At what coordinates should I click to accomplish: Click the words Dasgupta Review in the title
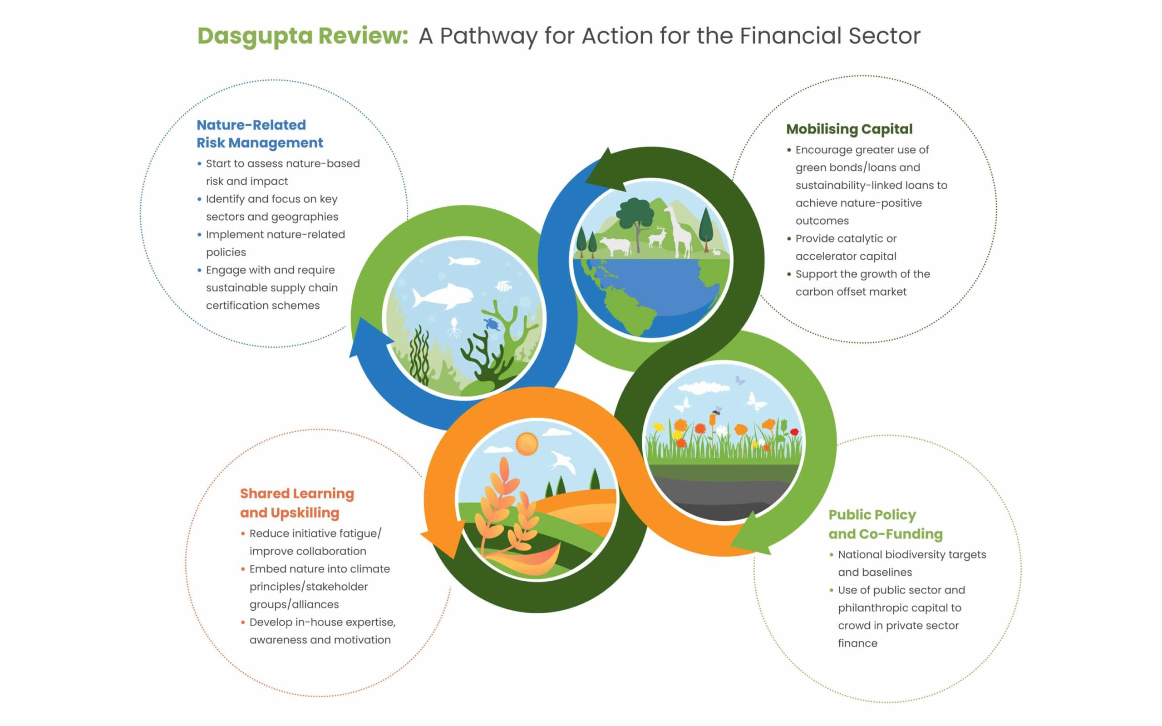pos(302,36)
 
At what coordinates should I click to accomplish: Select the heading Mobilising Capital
pos(849,129)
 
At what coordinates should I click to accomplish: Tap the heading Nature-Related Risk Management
pos(259,134)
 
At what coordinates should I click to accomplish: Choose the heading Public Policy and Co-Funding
pos(885,524)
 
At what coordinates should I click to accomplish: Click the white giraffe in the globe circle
pos(679,231)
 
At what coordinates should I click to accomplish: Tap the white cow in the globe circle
pos(615,247)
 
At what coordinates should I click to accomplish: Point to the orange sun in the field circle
pos(527,443)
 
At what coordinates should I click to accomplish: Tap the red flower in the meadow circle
pos(794,432)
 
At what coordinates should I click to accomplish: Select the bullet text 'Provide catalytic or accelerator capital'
pos(846,247)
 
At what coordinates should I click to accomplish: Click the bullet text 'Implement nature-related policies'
pos(275,243)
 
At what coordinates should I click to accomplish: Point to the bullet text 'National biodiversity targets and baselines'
pos(912,563)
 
